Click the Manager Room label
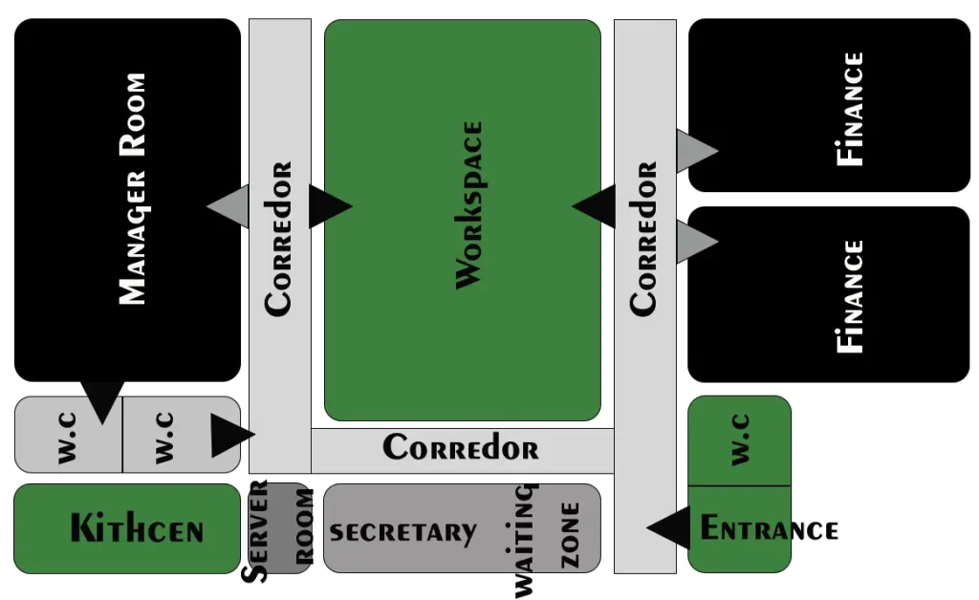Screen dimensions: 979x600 coord(132,188)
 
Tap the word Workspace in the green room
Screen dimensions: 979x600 coord(468,205)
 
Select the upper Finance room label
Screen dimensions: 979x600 coord(850,109)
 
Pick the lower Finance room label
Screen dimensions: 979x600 coord(850,296)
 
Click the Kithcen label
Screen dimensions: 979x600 coord(137,528)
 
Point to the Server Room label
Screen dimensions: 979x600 coord(278,531)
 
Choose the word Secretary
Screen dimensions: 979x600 coord(402,532)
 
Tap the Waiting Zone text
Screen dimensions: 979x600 coord(546,540)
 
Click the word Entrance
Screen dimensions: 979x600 coord(770,528)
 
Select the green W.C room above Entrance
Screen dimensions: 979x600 coord(739,440)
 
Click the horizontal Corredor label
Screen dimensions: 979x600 coord(461,447)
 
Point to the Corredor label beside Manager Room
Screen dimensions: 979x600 coord(278,239)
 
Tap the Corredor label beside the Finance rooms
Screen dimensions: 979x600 coord(643,239)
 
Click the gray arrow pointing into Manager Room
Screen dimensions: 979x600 coord(228,205)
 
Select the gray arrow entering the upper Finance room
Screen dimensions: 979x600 coord(697,150)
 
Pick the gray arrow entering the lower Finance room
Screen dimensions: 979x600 coord(697,242)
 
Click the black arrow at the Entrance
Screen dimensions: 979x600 coord(668,527)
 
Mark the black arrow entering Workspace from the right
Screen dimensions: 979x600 coord(594,205)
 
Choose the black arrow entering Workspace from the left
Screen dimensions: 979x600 coord(330,205)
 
